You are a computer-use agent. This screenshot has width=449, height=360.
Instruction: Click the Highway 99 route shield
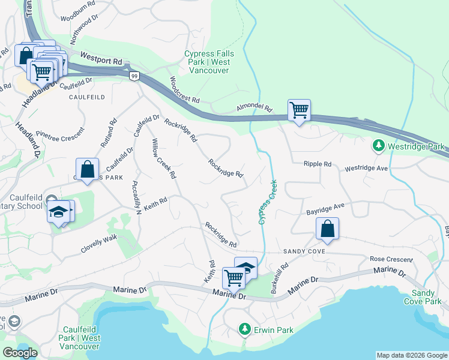pos(134,75)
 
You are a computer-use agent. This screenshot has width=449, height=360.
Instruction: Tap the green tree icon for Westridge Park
pos(379,146)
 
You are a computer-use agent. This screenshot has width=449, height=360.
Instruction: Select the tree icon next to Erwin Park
pos(244,329)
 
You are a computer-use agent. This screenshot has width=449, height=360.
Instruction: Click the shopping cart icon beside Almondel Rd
pos(299,110)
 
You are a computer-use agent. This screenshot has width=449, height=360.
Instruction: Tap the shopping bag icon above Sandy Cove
pos(327,229)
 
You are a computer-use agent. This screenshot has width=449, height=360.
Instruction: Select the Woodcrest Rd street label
pos(184,91)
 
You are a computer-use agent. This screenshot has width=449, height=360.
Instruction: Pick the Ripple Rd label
pos(318,164)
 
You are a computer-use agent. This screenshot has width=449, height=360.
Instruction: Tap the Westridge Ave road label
pos(366,169)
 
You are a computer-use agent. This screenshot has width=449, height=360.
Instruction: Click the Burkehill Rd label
pos(280,274)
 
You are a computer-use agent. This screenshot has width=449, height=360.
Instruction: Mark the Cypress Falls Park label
pos(209,62)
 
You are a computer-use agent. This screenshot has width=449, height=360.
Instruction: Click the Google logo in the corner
pos(20,353)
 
